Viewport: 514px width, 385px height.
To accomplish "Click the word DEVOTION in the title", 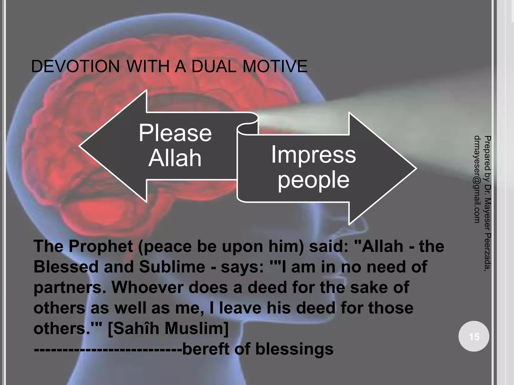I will point(75,66).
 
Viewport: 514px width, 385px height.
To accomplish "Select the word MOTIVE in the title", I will point(275,66).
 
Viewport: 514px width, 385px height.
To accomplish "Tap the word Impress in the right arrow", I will point(313,155).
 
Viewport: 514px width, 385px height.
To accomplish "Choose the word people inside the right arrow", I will point(313,180).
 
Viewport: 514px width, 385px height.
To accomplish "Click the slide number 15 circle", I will point(474,336).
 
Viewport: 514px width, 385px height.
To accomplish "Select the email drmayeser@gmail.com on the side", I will point(477,179).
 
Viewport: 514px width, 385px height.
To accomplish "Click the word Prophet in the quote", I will point(101,246).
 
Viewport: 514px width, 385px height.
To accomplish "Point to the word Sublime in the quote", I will point(172,267).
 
